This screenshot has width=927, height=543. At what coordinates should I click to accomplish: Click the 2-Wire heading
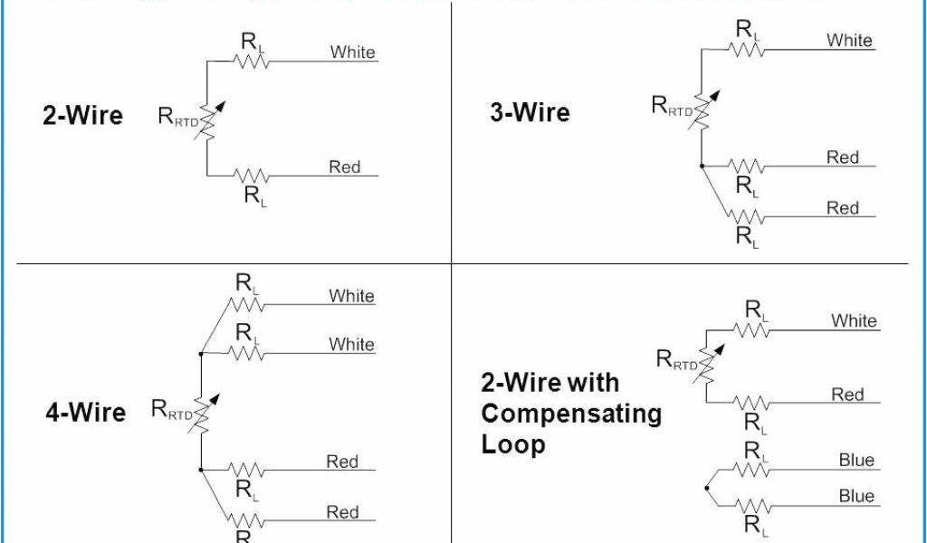(82, 116)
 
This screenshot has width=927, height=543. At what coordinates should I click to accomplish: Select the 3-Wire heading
(530, 113)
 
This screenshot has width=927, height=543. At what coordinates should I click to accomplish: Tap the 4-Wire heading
(85, 413)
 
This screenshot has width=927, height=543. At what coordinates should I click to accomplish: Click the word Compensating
(571, 414)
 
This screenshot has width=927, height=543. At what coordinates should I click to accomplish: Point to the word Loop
(513, 444)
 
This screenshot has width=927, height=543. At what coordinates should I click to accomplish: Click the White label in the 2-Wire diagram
(352, 52)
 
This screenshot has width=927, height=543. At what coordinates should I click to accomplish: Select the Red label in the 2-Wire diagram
(344, 167)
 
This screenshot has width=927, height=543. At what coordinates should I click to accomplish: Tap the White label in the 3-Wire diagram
(848, 40)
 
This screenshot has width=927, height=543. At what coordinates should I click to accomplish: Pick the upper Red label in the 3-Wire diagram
(842, 157)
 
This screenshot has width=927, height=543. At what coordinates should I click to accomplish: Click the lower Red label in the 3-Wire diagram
(842, 208)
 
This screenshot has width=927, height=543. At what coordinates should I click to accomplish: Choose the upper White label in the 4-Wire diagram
(351, 296)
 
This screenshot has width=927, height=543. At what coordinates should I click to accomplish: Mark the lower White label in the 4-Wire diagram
(351, 345)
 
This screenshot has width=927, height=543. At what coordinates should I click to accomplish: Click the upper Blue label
(855, 461)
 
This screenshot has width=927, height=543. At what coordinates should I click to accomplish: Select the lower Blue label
(855, 496)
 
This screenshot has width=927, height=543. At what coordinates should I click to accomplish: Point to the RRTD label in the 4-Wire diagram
(172, 412)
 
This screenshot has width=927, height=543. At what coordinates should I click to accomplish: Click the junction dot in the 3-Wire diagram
(702, 167)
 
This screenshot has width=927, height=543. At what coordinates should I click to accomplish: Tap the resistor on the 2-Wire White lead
(252, 62)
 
